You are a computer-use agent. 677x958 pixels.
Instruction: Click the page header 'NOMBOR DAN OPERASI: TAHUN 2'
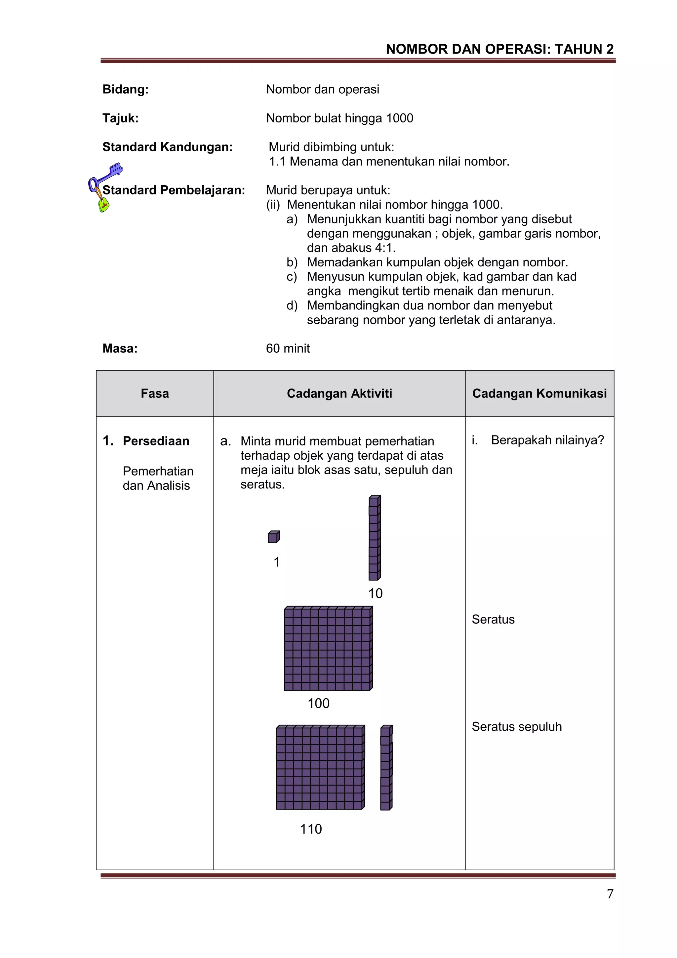pos(499,49)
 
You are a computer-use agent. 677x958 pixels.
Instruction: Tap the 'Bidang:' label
pos(126,89)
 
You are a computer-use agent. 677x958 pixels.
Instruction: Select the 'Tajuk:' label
pos(120,118)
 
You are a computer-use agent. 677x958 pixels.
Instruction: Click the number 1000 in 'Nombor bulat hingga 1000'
pos(399,118)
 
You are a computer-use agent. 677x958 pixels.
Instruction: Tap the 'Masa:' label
pos(120,348)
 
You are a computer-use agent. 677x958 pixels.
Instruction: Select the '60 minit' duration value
pos(288,348)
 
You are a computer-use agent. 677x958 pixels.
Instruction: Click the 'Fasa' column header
pos(155,393)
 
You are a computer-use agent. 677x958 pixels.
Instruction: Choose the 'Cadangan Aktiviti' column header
pos(339,393)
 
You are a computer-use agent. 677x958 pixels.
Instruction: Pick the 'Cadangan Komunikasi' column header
pos(539,393)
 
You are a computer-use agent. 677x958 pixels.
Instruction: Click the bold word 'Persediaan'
pos(156,441)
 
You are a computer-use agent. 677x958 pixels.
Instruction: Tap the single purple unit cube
pos(273,537)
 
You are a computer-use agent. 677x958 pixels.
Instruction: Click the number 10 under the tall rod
pos(375,593)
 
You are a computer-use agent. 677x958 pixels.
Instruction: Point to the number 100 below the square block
pos(318,703)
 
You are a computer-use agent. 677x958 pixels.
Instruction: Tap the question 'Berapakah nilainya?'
pos(547,440)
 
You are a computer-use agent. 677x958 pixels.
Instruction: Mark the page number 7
pos(610,894)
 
